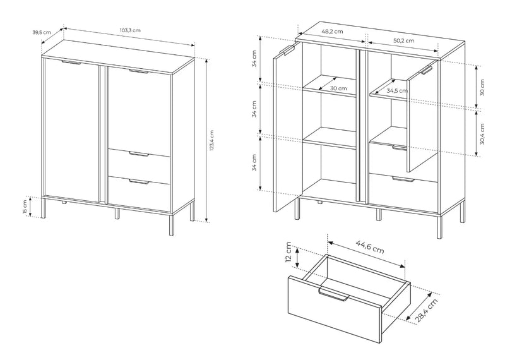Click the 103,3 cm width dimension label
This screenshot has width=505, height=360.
click(x=130, y=30)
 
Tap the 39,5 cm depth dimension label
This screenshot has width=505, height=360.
click(x=42, y=32)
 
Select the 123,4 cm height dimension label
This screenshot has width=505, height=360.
click(x=211, y=140)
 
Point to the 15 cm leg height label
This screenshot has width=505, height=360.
click(x=25, y=207)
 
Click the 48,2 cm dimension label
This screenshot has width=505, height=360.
click(x=332, y=32)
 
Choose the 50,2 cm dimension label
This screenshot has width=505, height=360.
click(x=404, y=40)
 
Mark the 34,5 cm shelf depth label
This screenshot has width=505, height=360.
click(x=397, y=91)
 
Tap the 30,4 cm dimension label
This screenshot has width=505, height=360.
click(x=482, y=134)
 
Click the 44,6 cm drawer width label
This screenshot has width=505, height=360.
click(x=370, y=247)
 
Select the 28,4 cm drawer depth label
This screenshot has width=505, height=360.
click(x=427, y=310)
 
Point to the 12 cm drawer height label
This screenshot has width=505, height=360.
click(x=288, y=253)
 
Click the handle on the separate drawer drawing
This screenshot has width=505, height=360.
click(x=333, y=294)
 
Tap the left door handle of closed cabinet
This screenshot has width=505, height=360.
click(x=71, y=62)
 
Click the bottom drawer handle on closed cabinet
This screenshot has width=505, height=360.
click(x=139, y=182)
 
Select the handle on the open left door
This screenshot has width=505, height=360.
click(x=288, y=51)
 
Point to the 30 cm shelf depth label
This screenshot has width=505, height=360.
click(x=338, y=88)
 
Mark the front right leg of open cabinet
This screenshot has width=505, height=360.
click(x=439, y=227)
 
